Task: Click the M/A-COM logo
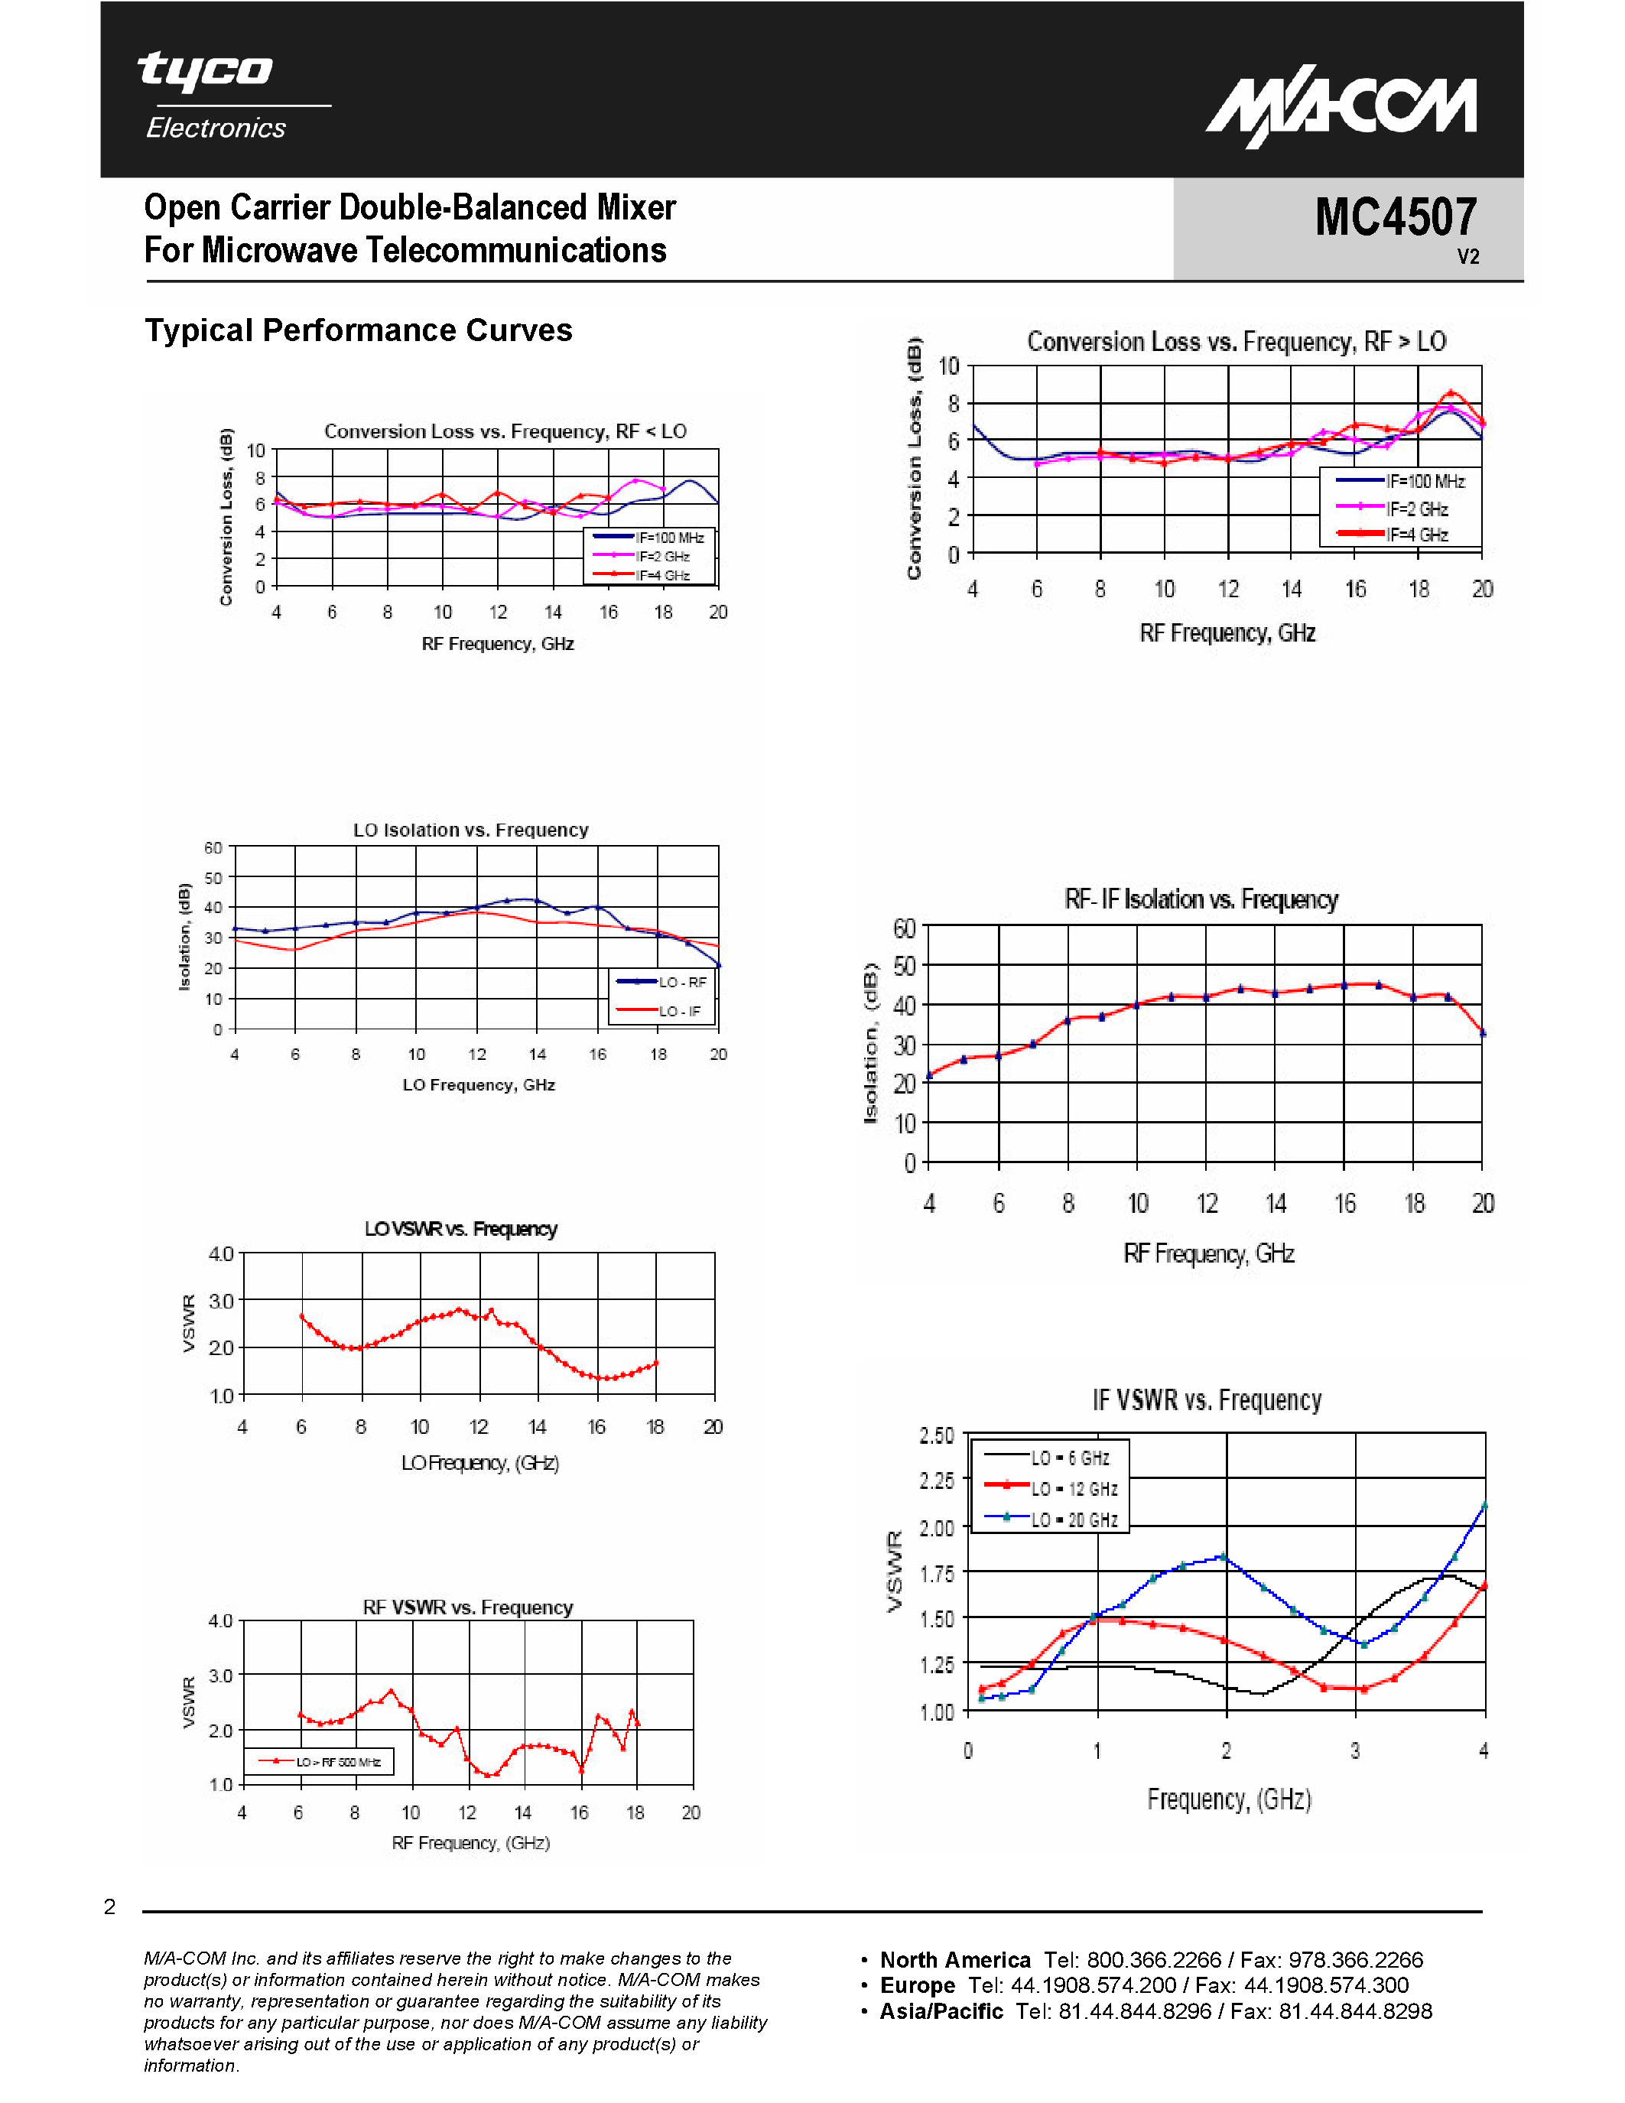(x=1341, y=109)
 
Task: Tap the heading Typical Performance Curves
(x=358, y=330)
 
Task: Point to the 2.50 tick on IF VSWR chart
(x=936, y=1435)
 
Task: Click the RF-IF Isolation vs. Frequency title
(x=1201, y=899)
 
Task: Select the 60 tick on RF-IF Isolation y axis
(x=904, y=928)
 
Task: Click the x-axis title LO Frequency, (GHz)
(x=479, y=1463)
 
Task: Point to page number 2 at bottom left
(x=110, y=1906)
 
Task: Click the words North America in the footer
(x=954, y=1959)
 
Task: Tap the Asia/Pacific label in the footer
(x=941, y=2010)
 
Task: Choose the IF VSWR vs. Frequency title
(x=1206, y=1400)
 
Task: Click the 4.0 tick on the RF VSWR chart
(x=220, y=1620)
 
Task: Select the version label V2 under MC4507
(x=1467, y=256)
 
